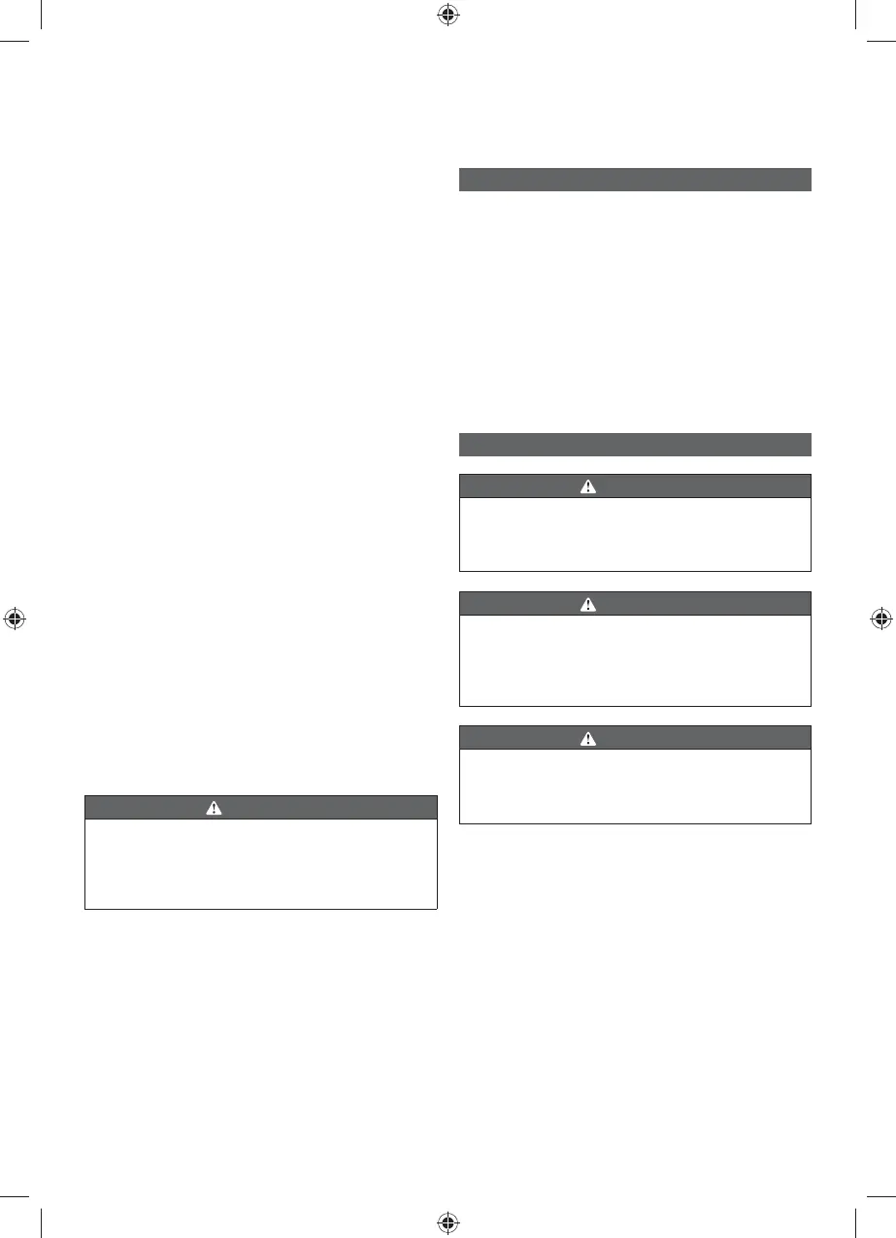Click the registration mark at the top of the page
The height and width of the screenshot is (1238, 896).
tap(448, 15)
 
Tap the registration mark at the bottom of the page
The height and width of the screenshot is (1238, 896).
tap(448, 1221)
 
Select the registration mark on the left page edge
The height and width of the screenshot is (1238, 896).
tap(15, 619)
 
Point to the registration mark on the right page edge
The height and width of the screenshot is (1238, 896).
tap(880, 619)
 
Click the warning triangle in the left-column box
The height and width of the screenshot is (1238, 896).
tap(214, 808)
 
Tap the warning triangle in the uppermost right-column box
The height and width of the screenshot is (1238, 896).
tap(587, 486)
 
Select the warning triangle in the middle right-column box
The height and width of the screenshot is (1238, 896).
tap(587, 604)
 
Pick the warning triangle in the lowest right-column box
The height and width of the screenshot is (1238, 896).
tap(587, 738)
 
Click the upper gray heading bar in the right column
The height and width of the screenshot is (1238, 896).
tap(634, 180)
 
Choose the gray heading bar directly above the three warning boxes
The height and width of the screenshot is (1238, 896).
tap(634, 445)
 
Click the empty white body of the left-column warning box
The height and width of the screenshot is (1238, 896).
tap(260, 864)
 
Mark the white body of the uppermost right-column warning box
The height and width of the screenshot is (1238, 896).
tap(634, 534)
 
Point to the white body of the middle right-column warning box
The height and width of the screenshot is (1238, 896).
tap(634, 659)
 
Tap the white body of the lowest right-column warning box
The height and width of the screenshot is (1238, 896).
tap(634, 786)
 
